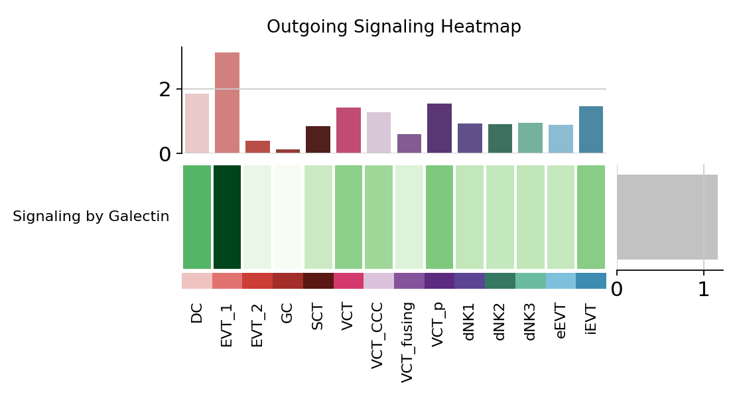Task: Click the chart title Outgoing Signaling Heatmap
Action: point(393,27)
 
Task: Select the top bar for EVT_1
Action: point(227,103)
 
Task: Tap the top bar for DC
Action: point(197,123)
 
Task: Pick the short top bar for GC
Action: point(287,151)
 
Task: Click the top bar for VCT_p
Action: point(439,128)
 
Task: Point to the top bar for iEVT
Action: point(591,129)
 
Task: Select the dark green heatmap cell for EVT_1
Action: point(227,216)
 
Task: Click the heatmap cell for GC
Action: point(287,216)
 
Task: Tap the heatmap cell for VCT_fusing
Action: point(409,216)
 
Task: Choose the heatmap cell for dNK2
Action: point(500,216)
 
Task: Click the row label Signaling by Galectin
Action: point(91,216)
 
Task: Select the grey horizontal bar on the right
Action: point(667,216)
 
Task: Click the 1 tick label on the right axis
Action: point(704,290)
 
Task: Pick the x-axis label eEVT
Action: point(561,323)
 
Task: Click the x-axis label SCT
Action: point(318,317)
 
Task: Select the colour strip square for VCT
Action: point(348,281)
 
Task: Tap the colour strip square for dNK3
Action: point(531,281)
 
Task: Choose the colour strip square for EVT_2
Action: point(257,281)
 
